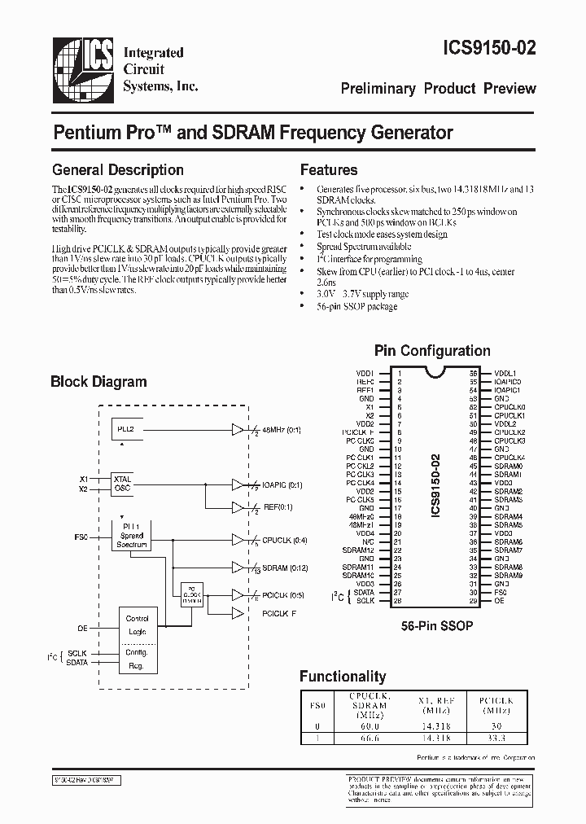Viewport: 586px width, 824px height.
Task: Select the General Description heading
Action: click(118, 170)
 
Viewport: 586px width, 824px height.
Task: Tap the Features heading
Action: click(329, 170)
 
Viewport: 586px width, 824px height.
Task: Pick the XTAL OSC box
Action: click(122, 484)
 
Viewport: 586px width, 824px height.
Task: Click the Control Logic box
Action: click(138, 625)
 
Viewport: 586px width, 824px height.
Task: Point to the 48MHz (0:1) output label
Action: click(282, 429)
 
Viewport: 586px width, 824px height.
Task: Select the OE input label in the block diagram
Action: click(82, 627)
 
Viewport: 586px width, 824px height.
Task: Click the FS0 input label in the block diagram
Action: click(81, 537)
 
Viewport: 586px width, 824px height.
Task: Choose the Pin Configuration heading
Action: click(432, 351)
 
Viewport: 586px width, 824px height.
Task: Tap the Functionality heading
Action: click(343, 676)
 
